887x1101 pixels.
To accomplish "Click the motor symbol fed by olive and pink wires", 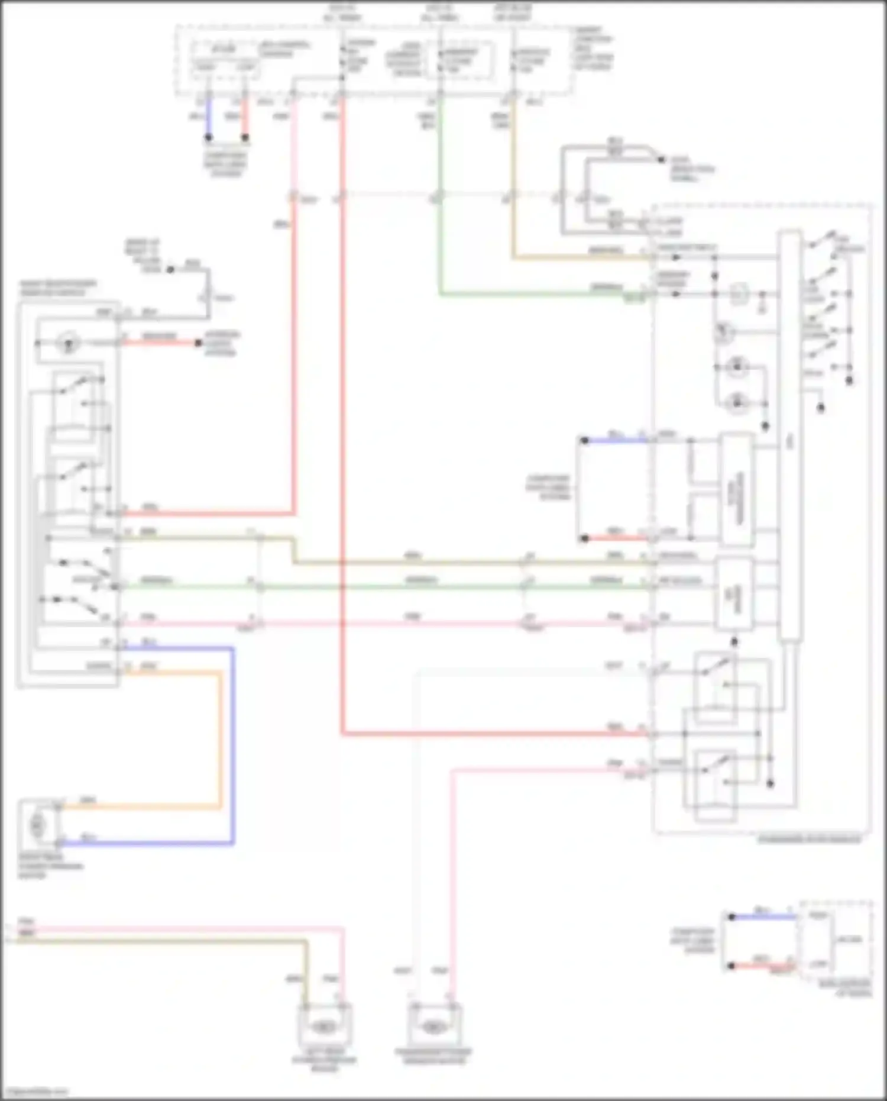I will point(323,1027).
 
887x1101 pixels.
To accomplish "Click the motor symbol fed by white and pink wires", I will point(433,1027).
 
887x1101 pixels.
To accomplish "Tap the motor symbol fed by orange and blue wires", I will point(37,824).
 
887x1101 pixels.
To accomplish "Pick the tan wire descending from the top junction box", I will point(513,177).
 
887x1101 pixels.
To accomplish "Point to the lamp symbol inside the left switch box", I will point(68,343).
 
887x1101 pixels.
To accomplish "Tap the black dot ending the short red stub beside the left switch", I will point(199,343).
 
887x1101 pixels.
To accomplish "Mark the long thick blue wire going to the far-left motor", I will point(232,745).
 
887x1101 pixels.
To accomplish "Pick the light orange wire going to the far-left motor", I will point(221,740).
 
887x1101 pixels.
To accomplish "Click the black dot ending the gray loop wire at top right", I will point(661,159).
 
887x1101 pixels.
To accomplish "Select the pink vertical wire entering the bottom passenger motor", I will point(452,887).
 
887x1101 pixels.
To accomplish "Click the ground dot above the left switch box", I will point(170,269).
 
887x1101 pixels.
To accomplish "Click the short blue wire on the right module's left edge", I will point(615,440).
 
